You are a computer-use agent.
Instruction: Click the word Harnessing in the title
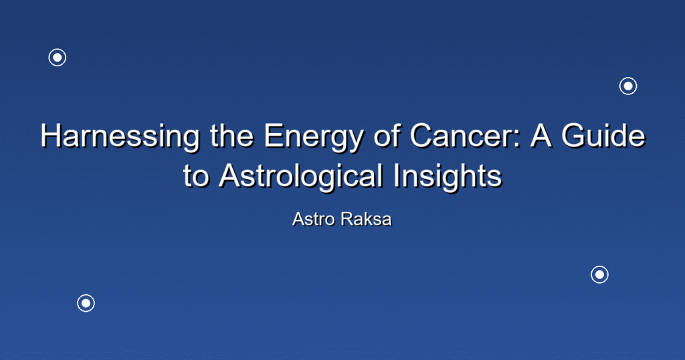coord(120,137)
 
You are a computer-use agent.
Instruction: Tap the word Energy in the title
coord(313,137)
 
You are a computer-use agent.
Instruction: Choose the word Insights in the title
coord(448,177)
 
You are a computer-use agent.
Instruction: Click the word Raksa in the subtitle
coord(366,219)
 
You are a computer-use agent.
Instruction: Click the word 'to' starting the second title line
coord(196,177)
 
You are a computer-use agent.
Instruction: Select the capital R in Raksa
coord(348,219)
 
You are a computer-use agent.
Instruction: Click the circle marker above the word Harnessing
coord(58,58)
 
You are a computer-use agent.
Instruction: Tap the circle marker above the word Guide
coord(628,86)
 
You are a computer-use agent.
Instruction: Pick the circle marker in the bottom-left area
coord(86,303)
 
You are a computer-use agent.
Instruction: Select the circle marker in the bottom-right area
coord(599,274)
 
